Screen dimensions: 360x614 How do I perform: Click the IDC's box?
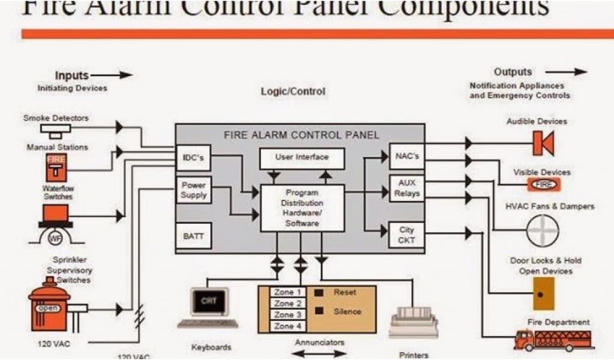pyautogui.click(x=193, y=158)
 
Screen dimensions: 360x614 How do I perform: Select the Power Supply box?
pyautogui.click(x=194, y=190)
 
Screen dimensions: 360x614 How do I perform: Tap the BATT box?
pyautogui.click(x=194, y=236)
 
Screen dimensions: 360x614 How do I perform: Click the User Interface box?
pyautogui.click(x=302, y=158)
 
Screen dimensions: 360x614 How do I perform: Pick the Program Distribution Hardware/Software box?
pyautogui.click(x=302, y=208)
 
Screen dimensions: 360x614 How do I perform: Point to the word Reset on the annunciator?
pyautogui.click(x=345, y=292)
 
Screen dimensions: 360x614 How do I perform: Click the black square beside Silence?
pyautogui.click(x=320, y=311)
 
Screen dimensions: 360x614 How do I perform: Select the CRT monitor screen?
pyautogui.click(x=210, y=301)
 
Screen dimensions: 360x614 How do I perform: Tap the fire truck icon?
pyautogui.click(x=553, y=340)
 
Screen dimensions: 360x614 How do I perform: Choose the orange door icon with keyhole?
pyautogui.click(x=543, y=293)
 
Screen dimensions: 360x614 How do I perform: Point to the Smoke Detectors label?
pyautogui.click(x=56, y=118)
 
